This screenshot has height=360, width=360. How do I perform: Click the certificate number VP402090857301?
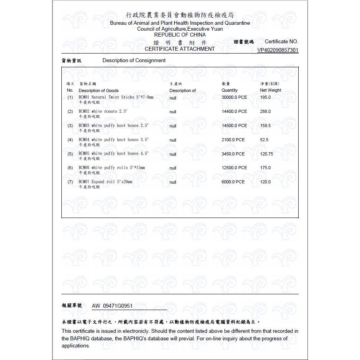coord(278,50)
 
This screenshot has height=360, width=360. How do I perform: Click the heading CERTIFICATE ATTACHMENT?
coord(180,49)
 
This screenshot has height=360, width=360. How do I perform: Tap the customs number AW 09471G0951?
coord(112,306)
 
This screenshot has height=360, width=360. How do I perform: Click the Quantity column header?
coord(229,90)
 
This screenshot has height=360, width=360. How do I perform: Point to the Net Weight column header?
coord(271,90)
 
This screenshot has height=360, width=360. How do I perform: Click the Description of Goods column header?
coord(99,90)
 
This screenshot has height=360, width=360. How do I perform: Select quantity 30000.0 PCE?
coord(234,97)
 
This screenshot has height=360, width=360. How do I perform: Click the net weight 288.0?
coord(266,111)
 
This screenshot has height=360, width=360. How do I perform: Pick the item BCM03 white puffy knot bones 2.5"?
coord(113,126)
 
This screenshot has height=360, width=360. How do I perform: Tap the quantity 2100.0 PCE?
coord(233,140)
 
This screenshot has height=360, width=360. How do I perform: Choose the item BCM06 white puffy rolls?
coord(112,168)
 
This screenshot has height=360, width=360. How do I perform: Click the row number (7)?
coord(70,182)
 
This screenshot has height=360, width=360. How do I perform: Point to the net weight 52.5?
coord(264,140)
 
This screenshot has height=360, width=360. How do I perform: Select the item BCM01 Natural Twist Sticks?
coord(116,97)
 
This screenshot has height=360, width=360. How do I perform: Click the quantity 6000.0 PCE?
coord(233,182)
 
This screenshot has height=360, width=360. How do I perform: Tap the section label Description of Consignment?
coord(134,61)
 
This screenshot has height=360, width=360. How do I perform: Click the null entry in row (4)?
coord(173,140)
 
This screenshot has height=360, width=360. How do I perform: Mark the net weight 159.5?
coord(266,126)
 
